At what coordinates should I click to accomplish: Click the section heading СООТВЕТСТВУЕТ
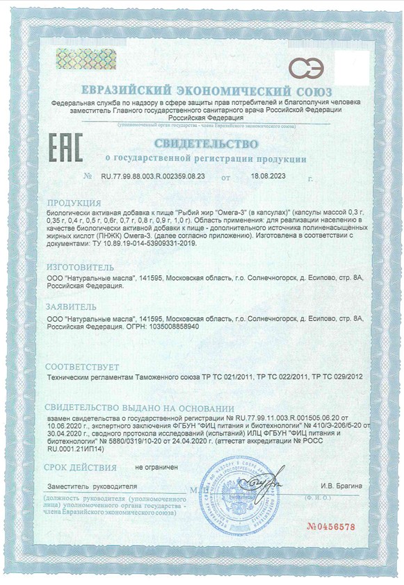(x=82, y=367)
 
